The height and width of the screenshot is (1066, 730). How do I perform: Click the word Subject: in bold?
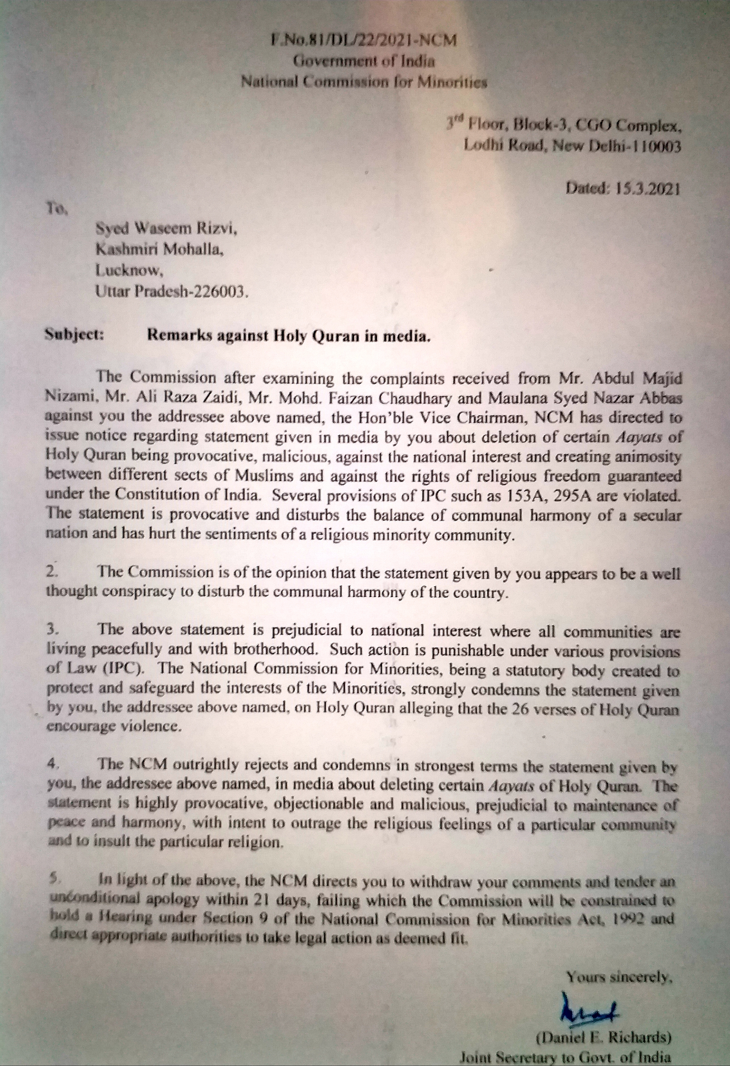pos(74,335)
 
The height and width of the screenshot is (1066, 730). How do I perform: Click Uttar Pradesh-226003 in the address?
pos(173,292)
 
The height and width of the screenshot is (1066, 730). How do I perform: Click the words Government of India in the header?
pos(364,61)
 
